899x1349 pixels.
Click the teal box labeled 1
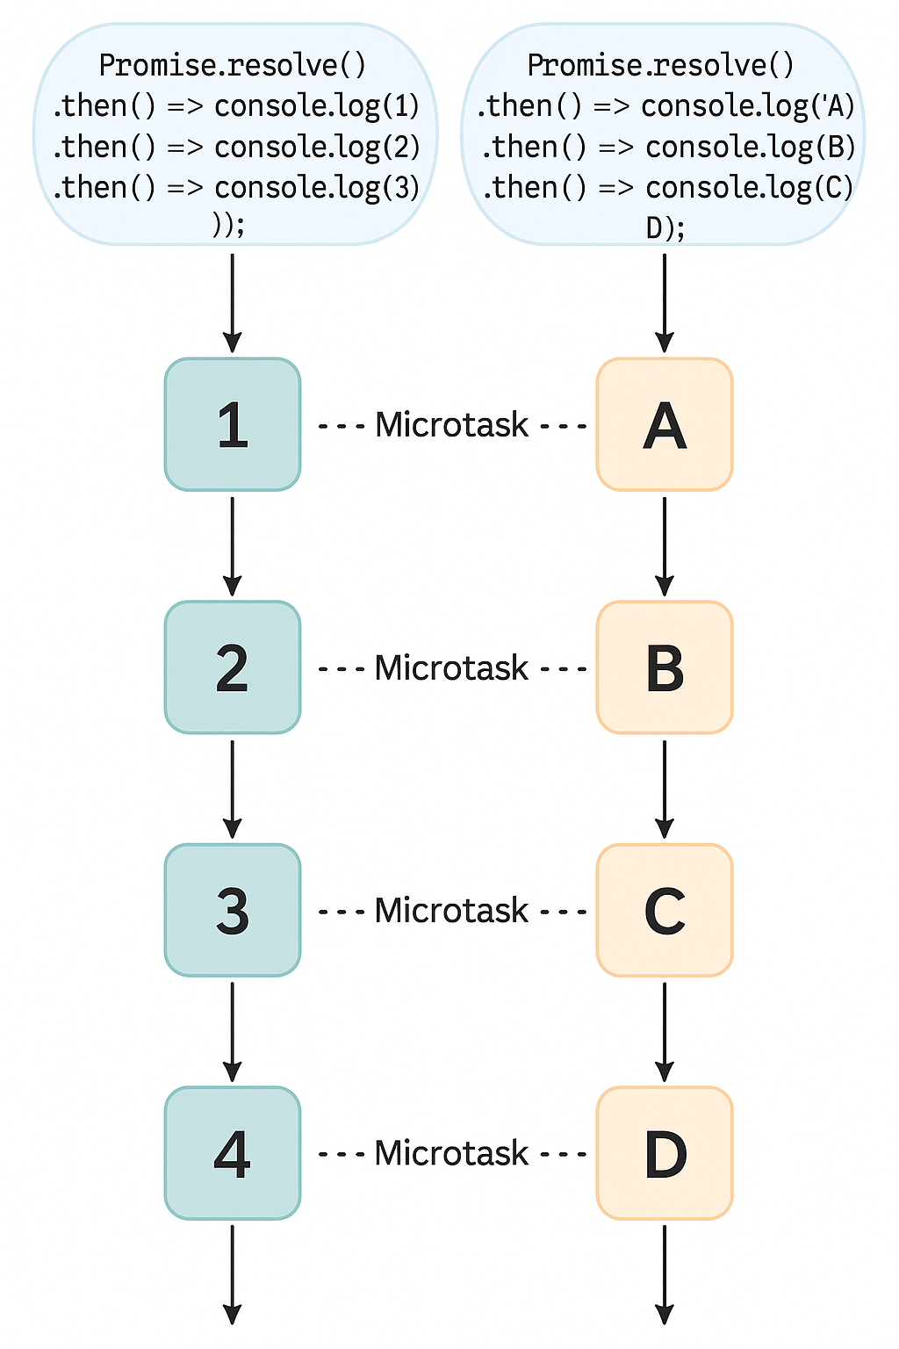coord(233,425)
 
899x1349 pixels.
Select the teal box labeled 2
coord(233,667)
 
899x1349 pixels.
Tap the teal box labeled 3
coord(233,911)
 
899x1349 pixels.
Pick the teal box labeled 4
coord(233,1153)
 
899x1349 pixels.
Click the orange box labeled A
coord(665,425)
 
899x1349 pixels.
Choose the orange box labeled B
coord(665,667)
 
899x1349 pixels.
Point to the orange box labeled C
coord(665,911)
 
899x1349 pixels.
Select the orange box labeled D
coord(665,1153)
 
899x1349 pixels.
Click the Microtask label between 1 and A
coord(451,425)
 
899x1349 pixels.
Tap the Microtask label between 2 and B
coord(451,668)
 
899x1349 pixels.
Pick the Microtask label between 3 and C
coord(451,911)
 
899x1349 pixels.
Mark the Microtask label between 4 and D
coord(451,1153)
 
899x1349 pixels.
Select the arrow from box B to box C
coord(665,789)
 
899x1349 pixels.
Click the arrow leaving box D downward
coord(665,1273)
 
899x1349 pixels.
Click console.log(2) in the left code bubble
coord(317,147)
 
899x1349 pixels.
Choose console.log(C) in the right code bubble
coord(749,188)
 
